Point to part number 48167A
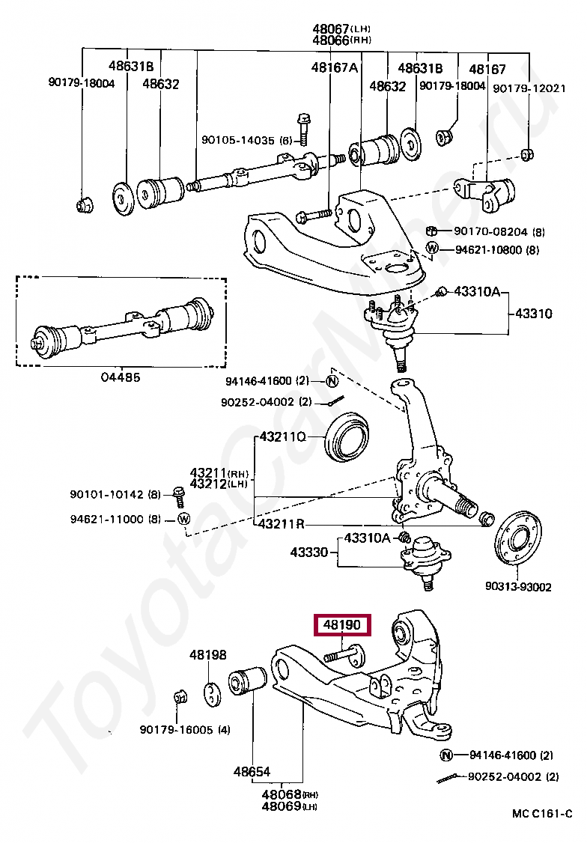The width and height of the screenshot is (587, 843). click(x=335, y=67)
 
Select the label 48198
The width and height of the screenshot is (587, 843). click(x=207, y=655)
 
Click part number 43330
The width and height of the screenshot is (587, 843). click(x=309, y=553)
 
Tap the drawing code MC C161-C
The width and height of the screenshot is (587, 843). click(x=542, y=814)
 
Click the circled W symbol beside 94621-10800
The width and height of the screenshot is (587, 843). click(x=433, y=249)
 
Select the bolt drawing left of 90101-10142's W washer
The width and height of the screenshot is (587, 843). click(x=179, y=493)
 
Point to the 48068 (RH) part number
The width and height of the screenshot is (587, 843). click(x=281, y=794)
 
